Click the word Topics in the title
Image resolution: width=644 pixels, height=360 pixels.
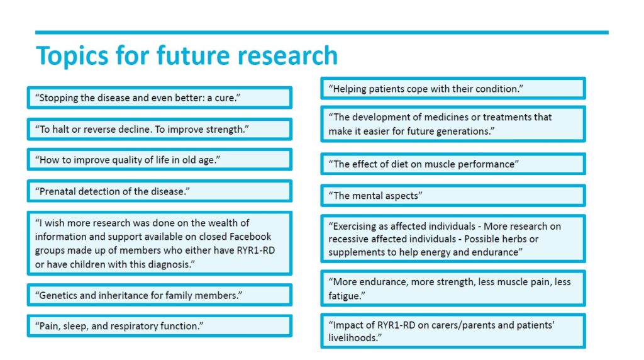pos(72,56)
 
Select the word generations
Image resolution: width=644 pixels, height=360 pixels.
pos(467,132)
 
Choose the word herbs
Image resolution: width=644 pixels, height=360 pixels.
pos(515,239)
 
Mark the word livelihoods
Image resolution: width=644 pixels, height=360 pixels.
pos(353,338)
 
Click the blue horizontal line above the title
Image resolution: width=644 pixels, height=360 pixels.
pos(322,32)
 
